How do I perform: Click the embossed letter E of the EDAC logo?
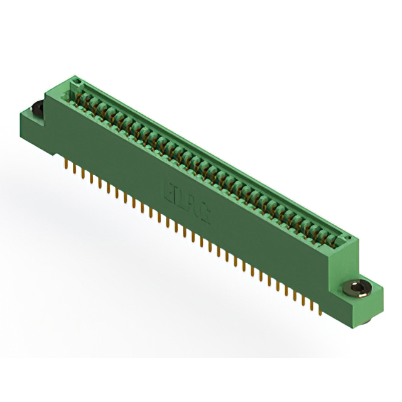tap(168, 190)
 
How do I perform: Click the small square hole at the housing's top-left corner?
tap(77, 82)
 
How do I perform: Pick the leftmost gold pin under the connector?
tap(67, 165)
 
